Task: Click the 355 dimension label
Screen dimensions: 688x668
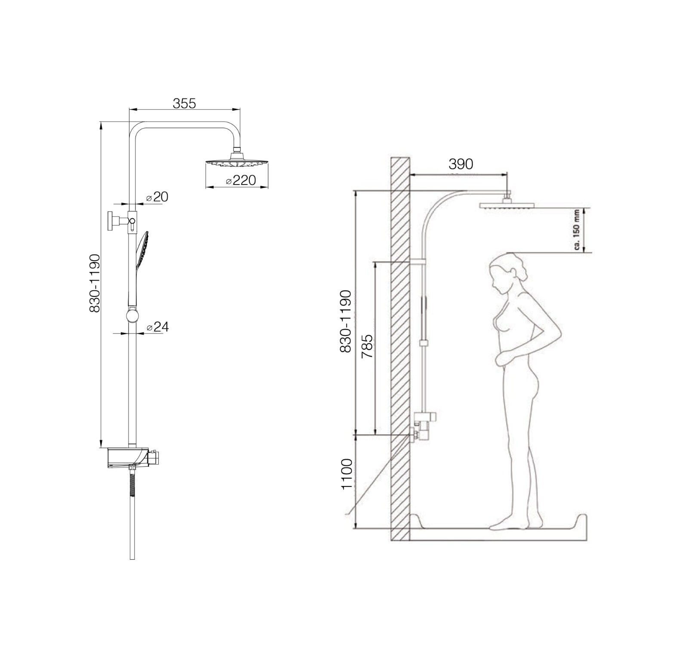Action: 184,103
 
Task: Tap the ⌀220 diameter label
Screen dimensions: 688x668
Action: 241,180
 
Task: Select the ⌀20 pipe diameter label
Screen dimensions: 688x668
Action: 157,197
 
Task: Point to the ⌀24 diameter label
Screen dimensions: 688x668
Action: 157,327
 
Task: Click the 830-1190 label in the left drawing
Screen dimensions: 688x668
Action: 94,283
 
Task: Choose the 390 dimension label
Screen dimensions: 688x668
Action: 461,164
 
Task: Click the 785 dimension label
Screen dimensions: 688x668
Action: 367,347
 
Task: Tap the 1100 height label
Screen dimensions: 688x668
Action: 347,474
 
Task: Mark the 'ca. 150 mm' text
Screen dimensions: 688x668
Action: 577,230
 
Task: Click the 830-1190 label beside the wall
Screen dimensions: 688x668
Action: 346,321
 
